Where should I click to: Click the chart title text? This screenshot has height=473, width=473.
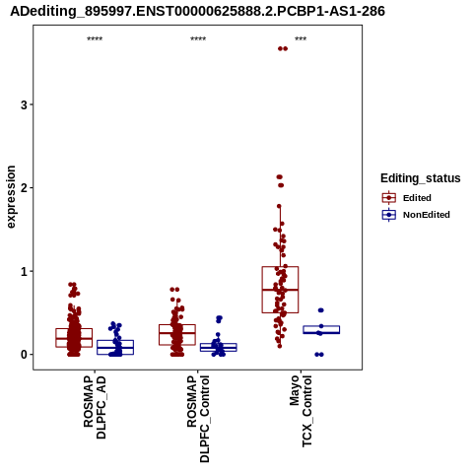[197, 11]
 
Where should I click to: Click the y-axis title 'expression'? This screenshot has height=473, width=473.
[11, 197]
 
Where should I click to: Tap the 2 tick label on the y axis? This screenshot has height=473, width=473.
[24, 188]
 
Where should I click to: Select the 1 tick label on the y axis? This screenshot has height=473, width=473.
[24, 271]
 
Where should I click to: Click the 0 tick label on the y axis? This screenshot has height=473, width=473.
[24, 355]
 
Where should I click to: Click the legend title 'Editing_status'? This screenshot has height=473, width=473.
[421, 178]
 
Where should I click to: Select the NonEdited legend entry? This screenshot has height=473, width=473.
[416, 215]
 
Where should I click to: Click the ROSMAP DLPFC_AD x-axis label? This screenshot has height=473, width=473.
[95, 407]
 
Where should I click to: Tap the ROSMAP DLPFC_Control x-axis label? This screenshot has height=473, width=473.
[198, 419]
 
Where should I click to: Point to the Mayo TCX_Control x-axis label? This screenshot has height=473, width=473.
[301, 411]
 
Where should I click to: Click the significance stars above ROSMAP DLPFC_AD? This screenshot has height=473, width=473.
[95, 39]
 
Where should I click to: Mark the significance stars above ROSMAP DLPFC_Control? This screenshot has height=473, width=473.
[198, 39]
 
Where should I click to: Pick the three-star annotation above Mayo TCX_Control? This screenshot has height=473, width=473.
[301, 39]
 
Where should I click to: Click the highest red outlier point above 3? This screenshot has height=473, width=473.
[283, 48]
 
